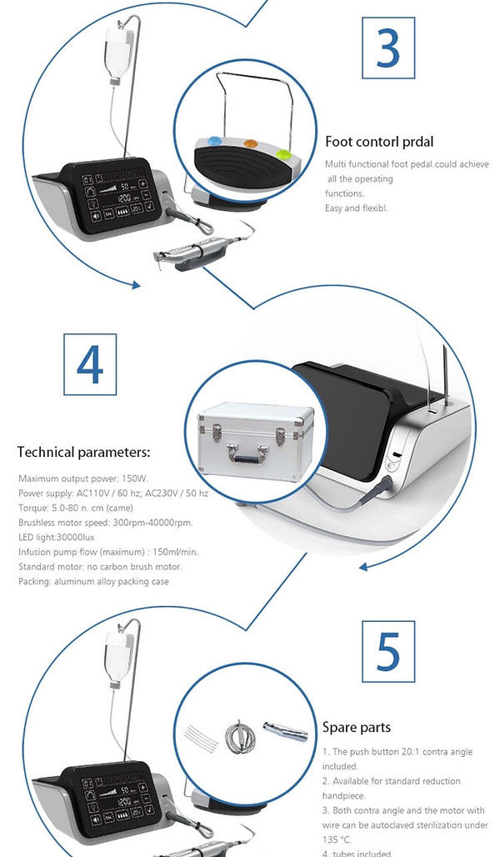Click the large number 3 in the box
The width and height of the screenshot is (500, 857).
(387, 49)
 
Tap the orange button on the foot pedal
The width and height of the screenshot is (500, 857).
(247, 143)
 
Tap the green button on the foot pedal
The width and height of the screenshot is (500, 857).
(283, 153)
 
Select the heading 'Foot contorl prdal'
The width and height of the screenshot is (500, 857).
(379, 142)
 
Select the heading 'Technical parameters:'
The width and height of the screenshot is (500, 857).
(83, 453)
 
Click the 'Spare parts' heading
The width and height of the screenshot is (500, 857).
(357, 727)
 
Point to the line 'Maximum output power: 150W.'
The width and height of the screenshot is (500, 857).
(82, 479)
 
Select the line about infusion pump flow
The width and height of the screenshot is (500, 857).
(107, 552)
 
